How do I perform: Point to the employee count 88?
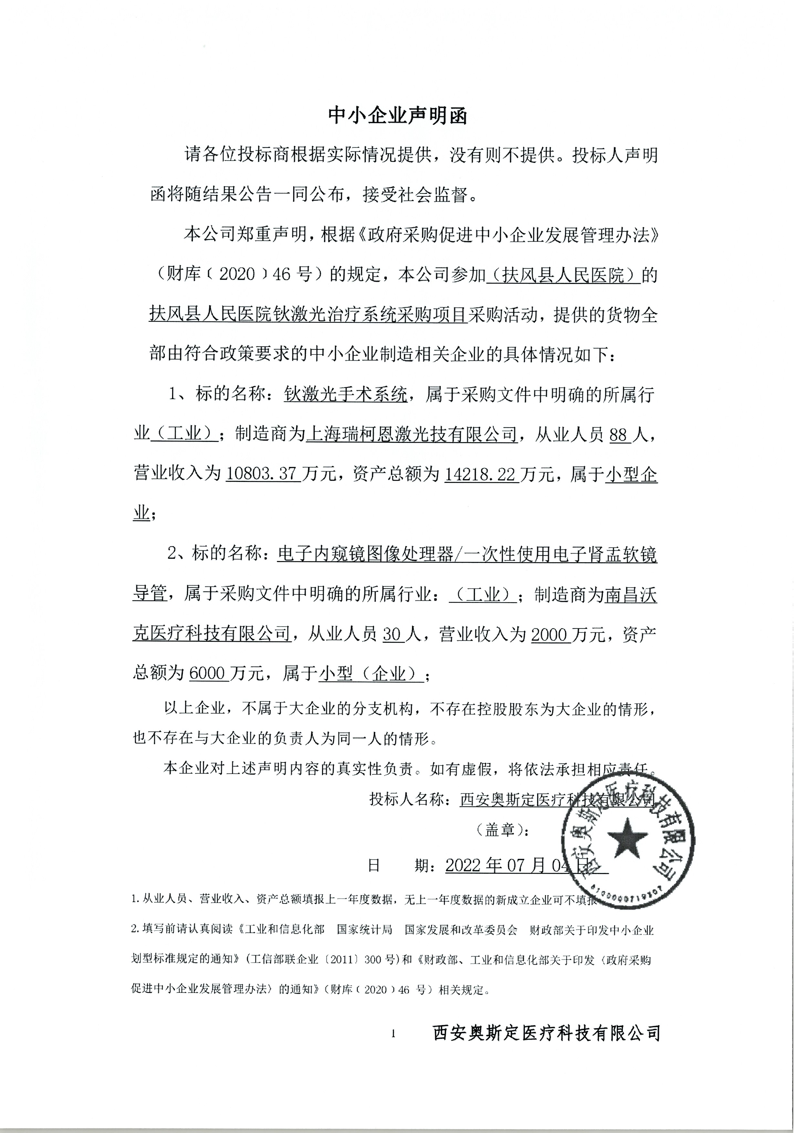pos(619,435)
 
